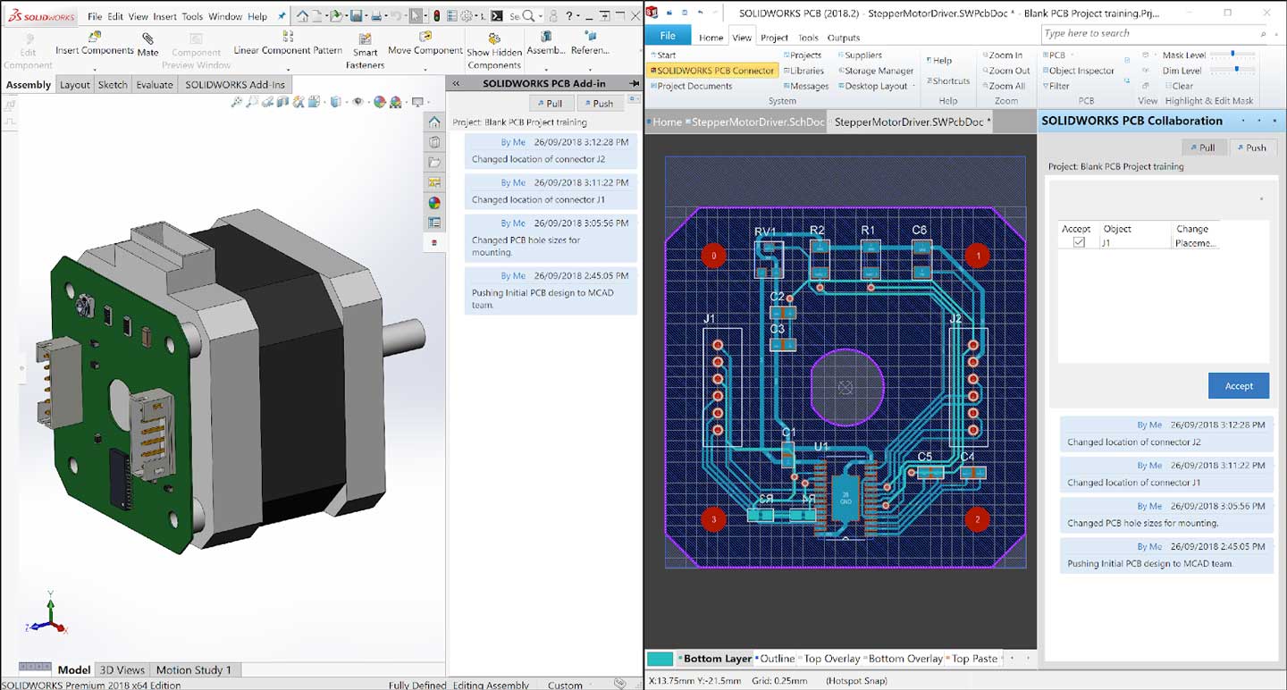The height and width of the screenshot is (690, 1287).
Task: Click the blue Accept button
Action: (1238, 386)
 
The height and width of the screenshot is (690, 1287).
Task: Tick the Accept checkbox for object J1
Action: (1079, 242)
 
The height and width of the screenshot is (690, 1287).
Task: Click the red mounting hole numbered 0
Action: (713, 257)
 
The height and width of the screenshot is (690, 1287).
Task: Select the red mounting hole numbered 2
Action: (977, 519)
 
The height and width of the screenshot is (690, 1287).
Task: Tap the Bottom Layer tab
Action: (717, 659)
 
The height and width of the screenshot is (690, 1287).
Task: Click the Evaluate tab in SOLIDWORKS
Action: (154, 85)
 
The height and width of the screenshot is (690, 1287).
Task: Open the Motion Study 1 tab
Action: (193, 669)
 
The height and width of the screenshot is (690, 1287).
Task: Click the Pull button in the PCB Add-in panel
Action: (548, 103)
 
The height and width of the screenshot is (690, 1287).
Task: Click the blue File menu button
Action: (668, 37)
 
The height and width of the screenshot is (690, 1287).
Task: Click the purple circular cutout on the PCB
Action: (846, 387)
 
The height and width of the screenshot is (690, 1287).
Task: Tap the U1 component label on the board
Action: (821, 446)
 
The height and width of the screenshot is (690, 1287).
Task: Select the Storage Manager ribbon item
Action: (879, 71)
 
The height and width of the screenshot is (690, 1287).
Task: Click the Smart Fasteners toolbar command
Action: (365, 51)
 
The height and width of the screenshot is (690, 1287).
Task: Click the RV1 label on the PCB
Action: (765, 231)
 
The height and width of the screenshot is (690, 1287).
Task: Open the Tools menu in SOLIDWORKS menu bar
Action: (192, 16)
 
